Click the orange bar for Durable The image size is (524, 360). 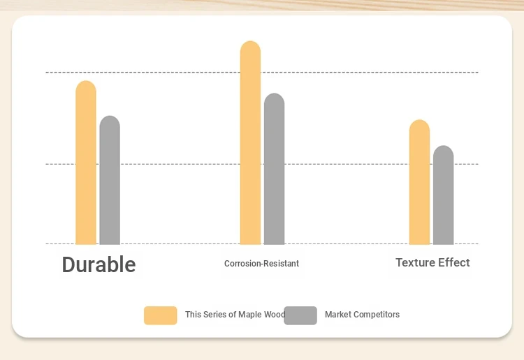click(x=86, y=163)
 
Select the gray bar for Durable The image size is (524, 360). click(x=110, y=180)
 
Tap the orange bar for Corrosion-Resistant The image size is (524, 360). click(x=250, y=143)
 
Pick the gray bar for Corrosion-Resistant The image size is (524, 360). click(x=274, y=169)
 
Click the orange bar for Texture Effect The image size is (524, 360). click(x=419, y=182)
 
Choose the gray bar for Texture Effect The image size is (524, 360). click(x=444, y=195)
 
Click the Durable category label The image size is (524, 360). click(x=99, y=264)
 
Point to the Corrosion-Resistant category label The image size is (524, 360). click(x=262, y=264)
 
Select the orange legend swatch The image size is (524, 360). click(x=161, y=315)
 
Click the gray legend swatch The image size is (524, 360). click(x=300, y=315)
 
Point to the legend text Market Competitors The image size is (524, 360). click(x=362, y=314)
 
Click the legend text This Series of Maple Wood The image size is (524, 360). click(x=235, y=314)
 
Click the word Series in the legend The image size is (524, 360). click(x=214, y=314)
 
